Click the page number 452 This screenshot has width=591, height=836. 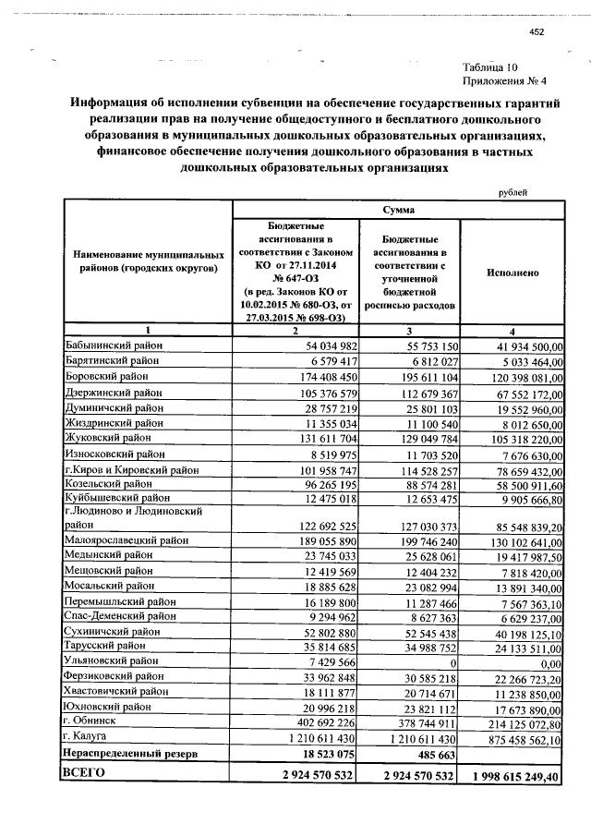pyautogui.click(x=537, y=32)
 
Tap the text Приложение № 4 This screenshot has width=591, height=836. pyautogui.click(x=491, y=80)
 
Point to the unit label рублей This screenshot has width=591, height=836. pyautogui.click(x=513, y=191)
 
